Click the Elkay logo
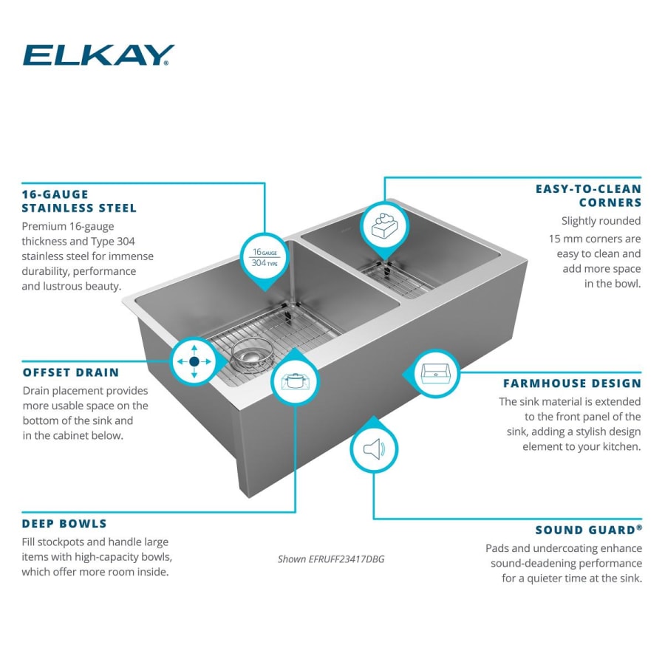98,55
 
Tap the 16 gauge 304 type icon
265,257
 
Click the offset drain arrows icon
194,362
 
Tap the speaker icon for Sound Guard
373,449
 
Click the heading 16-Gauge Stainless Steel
79,201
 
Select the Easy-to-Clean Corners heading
588,196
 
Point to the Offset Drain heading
70,372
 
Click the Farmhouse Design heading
572,383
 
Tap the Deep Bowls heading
64,524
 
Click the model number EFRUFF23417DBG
331,559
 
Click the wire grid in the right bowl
399,279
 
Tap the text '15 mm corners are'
595,239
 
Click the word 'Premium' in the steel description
46,227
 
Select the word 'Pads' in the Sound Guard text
498,548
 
